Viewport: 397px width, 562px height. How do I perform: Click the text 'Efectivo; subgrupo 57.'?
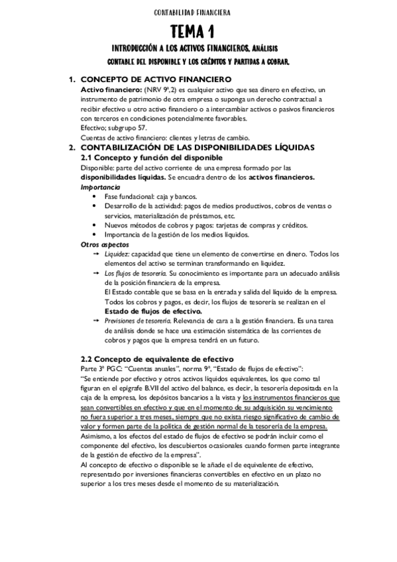(x=113, y=127)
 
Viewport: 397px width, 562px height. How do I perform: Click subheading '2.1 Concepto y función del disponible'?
(x=151, y=158)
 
